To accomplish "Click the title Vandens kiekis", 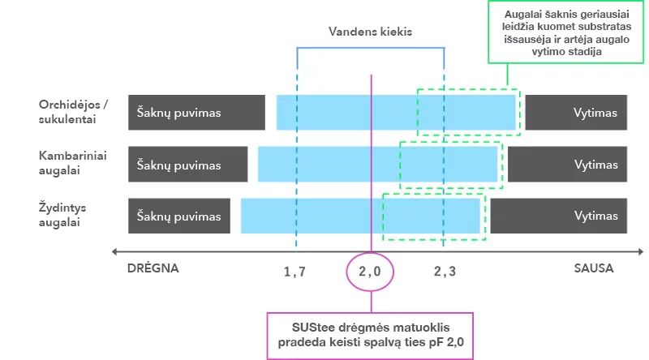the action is [370, 32].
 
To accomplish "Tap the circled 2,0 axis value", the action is [370, 272].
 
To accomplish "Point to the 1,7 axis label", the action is [294, 272].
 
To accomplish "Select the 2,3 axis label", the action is [445, 272].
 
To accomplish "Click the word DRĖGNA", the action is [153, 268].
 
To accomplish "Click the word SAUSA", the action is [594, 268].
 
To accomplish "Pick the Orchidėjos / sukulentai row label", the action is [73, 112].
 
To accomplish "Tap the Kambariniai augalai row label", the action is [72, 163].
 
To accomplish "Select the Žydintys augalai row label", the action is [62, 215].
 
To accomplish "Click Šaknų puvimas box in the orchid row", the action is [196, 113].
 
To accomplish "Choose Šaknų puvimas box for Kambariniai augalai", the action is [188, 165].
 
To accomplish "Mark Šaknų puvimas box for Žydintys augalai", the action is [179, 216].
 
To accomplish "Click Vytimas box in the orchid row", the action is [576, 113].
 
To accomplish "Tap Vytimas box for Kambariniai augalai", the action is [567, 165].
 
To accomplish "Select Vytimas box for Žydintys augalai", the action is [559, 216].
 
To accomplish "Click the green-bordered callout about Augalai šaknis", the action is [565, 32].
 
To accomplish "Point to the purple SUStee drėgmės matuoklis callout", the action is [370, 336].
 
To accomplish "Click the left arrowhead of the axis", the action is [115, 251].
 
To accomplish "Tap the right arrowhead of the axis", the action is [641, 251].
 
